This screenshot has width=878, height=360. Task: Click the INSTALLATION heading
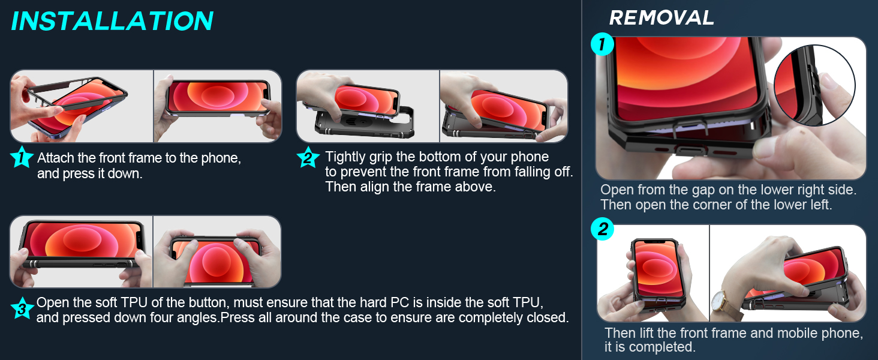(112, 21)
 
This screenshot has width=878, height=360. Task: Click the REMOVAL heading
(661, 18)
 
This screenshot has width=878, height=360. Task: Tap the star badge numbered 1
(22, 158)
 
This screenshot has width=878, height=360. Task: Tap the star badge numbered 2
(308, 158)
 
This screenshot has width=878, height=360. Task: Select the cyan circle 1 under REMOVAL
(602, 45)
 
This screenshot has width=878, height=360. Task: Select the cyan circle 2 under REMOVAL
(602, 229)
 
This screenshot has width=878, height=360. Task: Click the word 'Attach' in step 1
(55, 158)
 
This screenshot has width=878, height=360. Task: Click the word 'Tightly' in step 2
(345, 157)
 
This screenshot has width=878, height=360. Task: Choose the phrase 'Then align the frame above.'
(411, 187)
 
